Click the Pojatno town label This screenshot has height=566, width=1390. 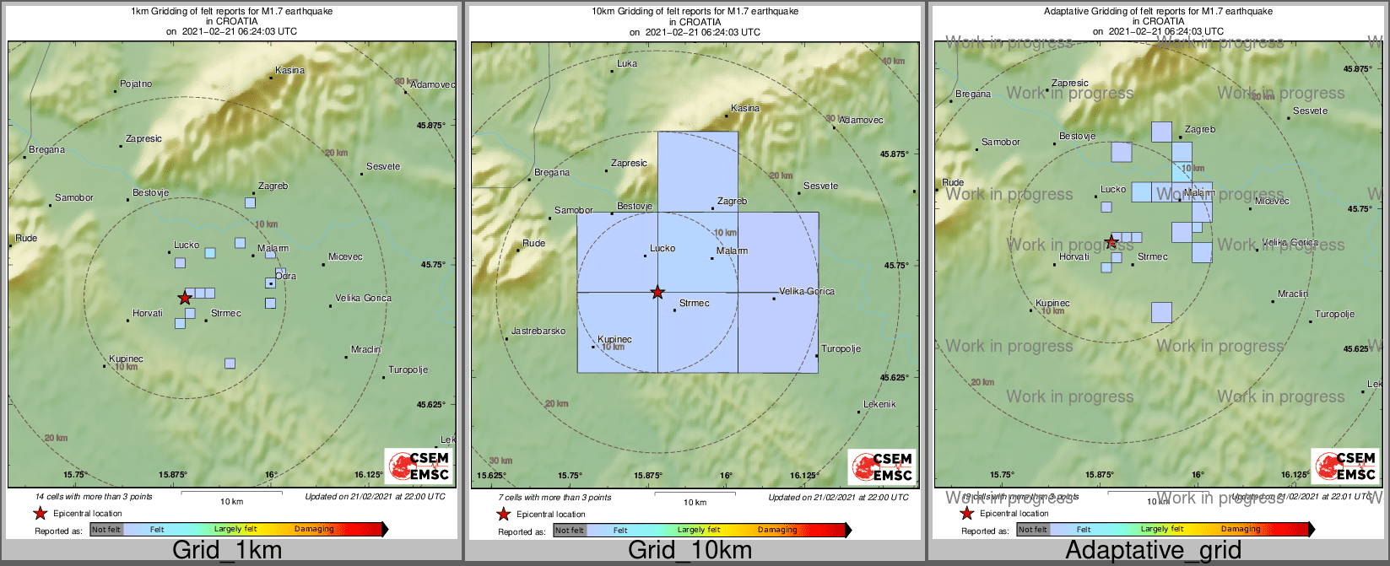pos(136,84)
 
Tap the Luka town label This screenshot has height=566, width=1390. pos(627,63)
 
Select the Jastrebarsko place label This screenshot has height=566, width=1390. pos(538,331)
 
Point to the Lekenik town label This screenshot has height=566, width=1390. pos(880,404)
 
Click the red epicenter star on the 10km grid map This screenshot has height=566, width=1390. pos(657,292)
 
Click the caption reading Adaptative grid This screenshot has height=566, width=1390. pos(1153,550)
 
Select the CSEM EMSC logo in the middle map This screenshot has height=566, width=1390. pos(881,466)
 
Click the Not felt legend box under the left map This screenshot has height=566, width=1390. pos(106,530)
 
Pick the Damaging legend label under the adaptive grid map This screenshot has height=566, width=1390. pos(1241,530)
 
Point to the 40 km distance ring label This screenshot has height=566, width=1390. pos(893,62)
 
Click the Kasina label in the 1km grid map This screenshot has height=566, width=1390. pos(290,70)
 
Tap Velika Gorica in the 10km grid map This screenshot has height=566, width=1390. pos(807,291)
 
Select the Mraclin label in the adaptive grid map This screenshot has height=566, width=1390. pos(1293,294)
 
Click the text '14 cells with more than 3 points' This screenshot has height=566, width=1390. pos(94,497)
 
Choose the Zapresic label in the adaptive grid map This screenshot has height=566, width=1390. pos(1070,83)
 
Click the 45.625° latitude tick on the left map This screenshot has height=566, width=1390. pos(431,405)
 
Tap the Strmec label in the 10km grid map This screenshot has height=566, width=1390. pos(695,303)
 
